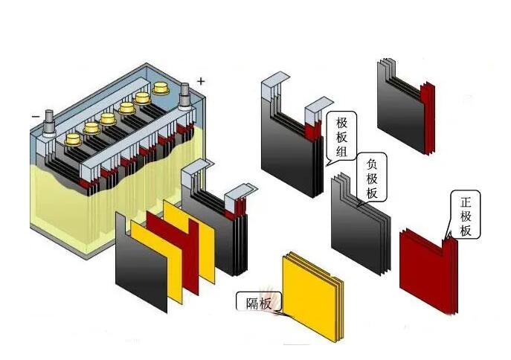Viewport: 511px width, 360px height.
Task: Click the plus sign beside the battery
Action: [200, 80]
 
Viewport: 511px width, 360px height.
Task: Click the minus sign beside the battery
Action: [35, 116]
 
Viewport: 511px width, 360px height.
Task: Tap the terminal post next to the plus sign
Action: [184, 95]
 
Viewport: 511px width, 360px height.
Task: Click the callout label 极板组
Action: [341, 138]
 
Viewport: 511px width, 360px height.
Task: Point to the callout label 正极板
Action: [466, 216]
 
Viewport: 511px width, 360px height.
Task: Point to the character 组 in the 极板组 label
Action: [341, 152]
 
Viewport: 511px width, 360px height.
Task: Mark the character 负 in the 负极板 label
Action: [372, 166]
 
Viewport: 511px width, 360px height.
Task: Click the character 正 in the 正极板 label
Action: [466, 202]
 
